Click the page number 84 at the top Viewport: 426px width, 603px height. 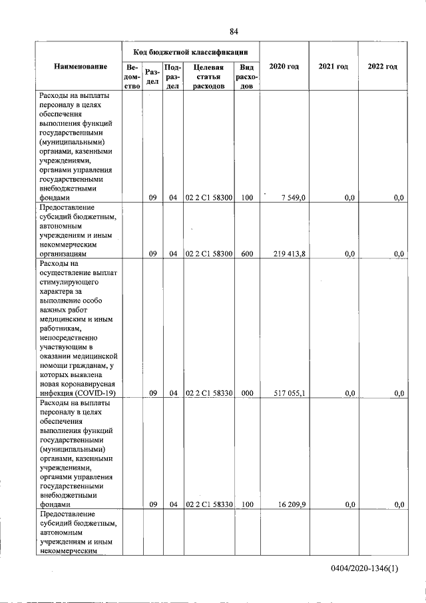click(234, 31)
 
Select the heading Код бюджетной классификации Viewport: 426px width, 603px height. click(190, 51)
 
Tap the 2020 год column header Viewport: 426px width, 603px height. click(284, 67)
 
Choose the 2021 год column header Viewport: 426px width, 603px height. click(333, 67)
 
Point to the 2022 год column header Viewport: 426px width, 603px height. click(382, 67)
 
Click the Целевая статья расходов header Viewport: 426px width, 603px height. click(208, 77)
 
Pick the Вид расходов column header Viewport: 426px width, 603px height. click(246, 77)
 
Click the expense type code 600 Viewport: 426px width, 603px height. click(247, 254)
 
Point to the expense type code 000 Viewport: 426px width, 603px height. click(247, 394)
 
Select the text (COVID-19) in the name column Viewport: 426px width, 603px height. click(97, 394)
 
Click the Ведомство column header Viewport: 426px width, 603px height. click(132, 77)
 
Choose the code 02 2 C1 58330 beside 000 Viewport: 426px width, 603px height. click(208, 394)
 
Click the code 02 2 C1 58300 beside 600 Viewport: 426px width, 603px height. click(208, 254)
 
